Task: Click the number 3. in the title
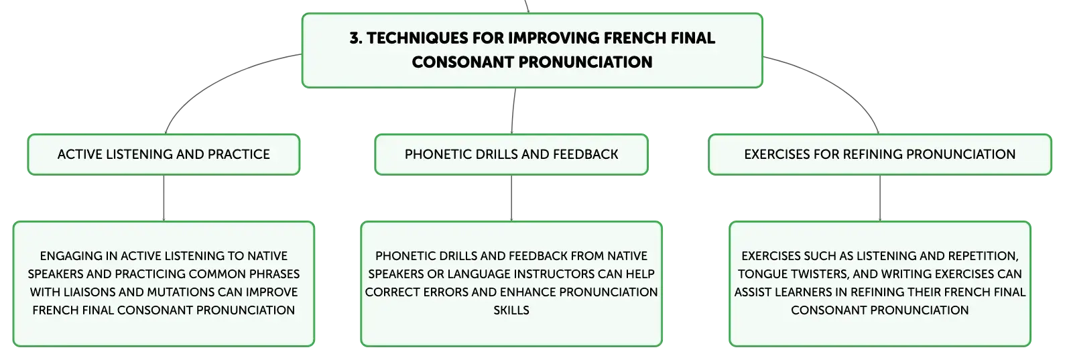356,38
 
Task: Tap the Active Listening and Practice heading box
164,155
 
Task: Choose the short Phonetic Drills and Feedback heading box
511,155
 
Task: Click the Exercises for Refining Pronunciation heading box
879,155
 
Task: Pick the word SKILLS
511,310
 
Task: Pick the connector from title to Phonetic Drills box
513,111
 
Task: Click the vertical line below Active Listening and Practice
164,198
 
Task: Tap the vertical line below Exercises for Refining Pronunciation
879,198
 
